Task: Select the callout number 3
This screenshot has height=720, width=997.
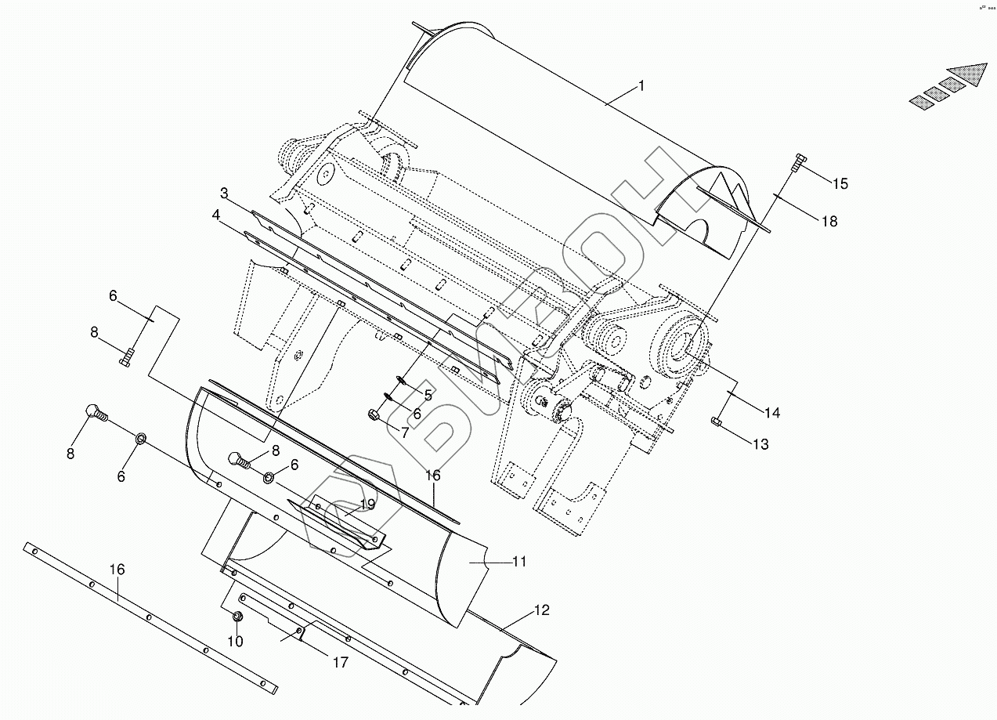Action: pyautogui.click(x=224, y=193)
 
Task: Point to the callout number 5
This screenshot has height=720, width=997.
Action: pyautogui.click(x=428, y=395)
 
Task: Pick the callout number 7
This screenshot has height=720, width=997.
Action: pyautogui.click(x=405, y=432)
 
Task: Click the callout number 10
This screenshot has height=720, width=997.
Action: pyautogui.click(x=235, y=642)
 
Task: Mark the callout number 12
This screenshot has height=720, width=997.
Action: pyautogui.click(x=542, y=610)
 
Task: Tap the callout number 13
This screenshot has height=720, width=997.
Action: pyautogui.click(x=760, y=444)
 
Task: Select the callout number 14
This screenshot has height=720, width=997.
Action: pyautogui.click(x=772, y=413)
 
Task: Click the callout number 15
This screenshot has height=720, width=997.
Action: pyautogui.click(x=840, y=184)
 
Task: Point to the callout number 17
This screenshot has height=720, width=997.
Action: pyautogui.click(x=340, y=663)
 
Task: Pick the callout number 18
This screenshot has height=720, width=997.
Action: pyautogui.click(x=829, y=222)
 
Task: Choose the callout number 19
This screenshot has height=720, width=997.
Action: pyautogui.click(x=368, y=505)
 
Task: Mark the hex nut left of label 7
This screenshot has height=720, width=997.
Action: pyautogui.click(x=372, y=414)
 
